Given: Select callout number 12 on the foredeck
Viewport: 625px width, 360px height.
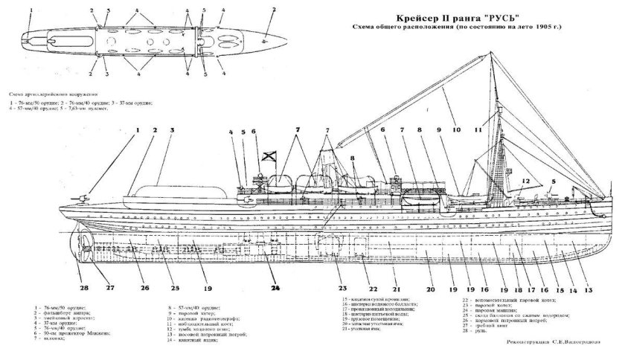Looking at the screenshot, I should point(525,180).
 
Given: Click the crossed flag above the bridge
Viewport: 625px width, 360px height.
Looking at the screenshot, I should point(266,158).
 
